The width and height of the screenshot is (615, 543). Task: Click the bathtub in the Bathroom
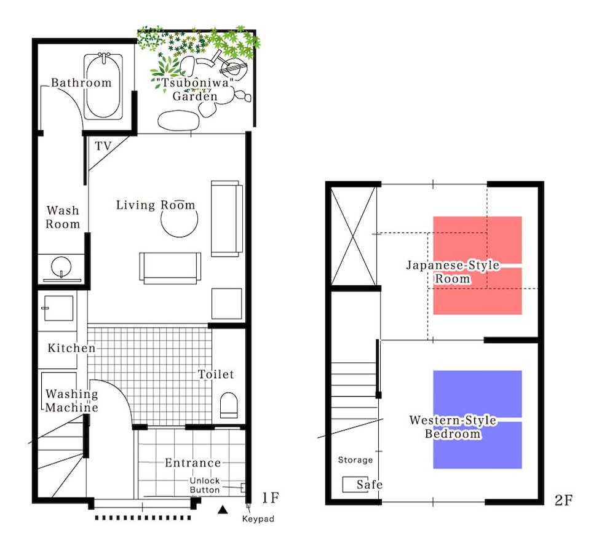tap(103, 86)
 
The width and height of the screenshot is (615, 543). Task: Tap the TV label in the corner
tap(103, 146)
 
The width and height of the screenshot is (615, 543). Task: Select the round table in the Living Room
tap(179, 219)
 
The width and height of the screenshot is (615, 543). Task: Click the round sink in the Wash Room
tap(61, 267)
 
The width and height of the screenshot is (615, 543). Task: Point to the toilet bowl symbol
tap(229, 405)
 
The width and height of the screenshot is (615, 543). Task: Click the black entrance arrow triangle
tap(223, 509)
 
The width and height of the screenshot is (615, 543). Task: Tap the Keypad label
tap(258, 519)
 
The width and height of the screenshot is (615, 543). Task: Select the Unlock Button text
tap(205, 485)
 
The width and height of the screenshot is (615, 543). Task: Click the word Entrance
tap(192, 463)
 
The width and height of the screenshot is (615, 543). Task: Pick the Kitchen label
tap(71, 348)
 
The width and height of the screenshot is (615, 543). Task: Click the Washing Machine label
tap(71, 401)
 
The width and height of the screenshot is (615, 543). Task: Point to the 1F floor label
tap(271, 498)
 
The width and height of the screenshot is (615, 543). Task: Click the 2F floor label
tap(563, 501)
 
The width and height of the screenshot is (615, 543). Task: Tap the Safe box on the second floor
tap(355, 485)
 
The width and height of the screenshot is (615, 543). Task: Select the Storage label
tap(355, 460)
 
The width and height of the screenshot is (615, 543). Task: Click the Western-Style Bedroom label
tap(453, 427)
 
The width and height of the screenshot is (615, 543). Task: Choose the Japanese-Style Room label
tap(453, 272)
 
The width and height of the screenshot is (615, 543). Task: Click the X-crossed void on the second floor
tap(354, 236)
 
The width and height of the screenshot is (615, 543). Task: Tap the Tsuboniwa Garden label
tap(194, 89)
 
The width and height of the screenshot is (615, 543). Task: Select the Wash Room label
tap(63, 217)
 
